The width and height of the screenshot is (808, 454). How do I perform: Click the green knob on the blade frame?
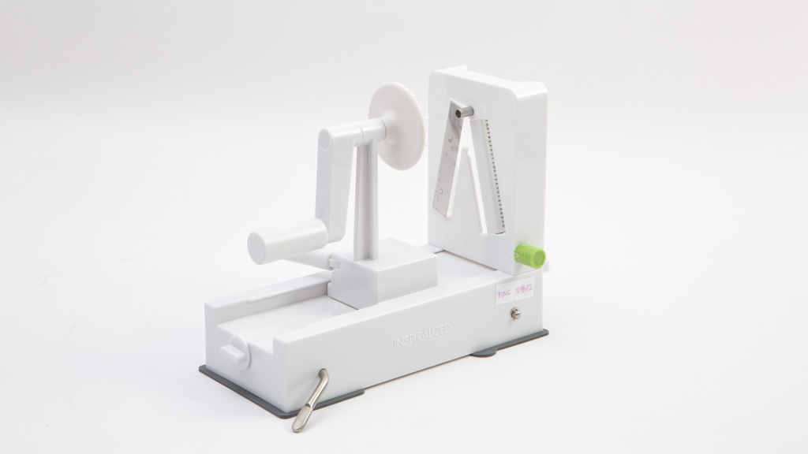[x=530, y=255]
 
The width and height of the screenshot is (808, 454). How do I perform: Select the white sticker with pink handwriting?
[x=514, y=291]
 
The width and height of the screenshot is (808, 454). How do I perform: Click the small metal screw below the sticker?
[x=516, y=314]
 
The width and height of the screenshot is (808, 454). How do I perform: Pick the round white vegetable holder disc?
[x=397, y=126]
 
